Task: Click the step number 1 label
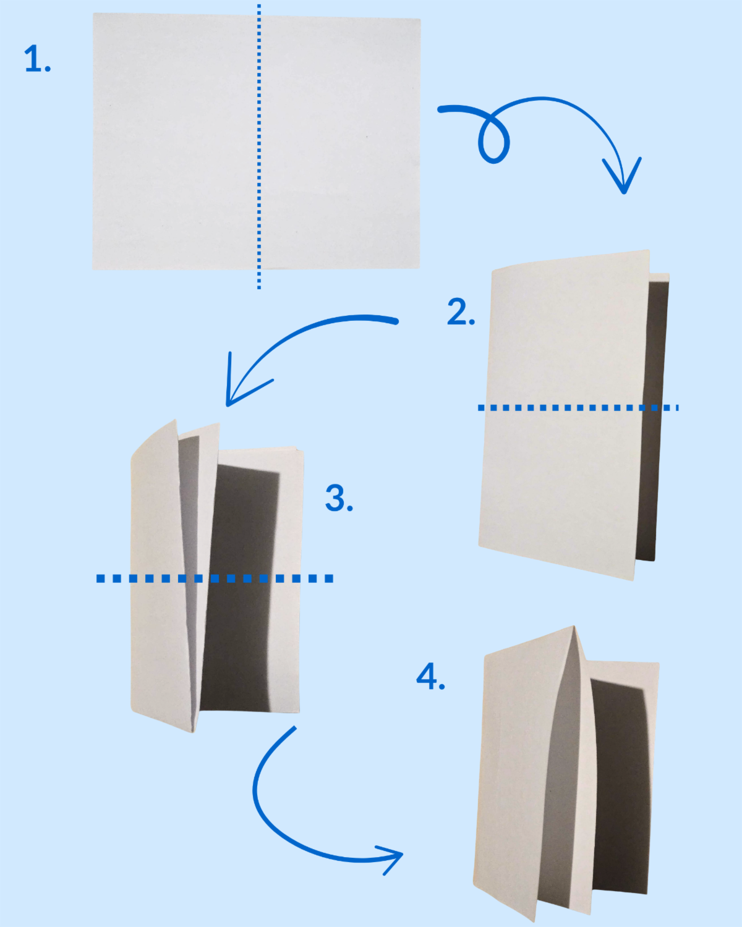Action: pos(38,59)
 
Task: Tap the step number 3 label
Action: pos(339,498)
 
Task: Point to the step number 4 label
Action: pos(430,677)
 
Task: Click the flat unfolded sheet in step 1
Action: pos(256,142)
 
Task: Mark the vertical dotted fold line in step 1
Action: pos(258,146)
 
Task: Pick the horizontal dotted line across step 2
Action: pos(578,407)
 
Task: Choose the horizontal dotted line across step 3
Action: pos(215,578)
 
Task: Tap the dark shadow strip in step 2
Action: pos(652,420)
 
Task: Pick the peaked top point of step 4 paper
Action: pos(574,626)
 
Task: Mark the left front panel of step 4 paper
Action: pos(524,776)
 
